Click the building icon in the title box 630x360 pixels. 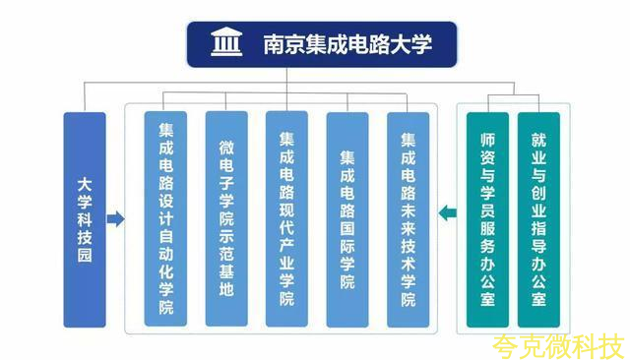click(226, 41)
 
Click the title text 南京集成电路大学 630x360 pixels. click(347, 44)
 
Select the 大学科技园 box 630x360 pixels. click(85, 219)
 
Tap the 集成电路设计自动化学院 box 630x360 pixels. click(165, 218)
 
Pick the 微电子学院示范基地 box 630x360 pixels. click(226, 218)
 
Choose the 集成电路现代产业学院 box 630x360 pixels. click(286, 218)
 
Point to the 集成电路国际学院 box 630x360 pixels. click(347, 219)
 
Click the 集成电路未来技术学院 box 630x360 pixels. click(409, 219)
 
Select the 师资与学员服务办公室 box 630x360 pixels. click(487, 219)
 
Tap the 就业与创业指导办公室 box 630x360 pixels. click(538, 219)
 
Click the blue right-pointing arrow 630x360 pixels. click(116, 219)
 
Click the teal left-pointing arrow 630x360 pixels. click(447, 212)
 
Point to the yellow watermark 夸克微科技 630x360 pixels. click(558, 347)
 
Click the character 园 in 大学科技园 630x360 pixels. click(85, 256)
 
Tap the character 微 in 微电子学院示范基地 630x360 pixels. click(226, 148)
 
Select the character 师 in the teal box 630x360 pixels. click(487, 140)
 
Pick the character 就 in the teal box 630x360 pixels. click(538, 140)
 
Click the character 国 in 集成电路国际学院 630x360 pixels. click(347, 228)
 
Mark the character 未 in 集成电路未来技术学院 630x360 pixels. click(409, 210)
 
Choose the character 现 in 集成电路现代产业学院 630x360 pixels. click(286, 210)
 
